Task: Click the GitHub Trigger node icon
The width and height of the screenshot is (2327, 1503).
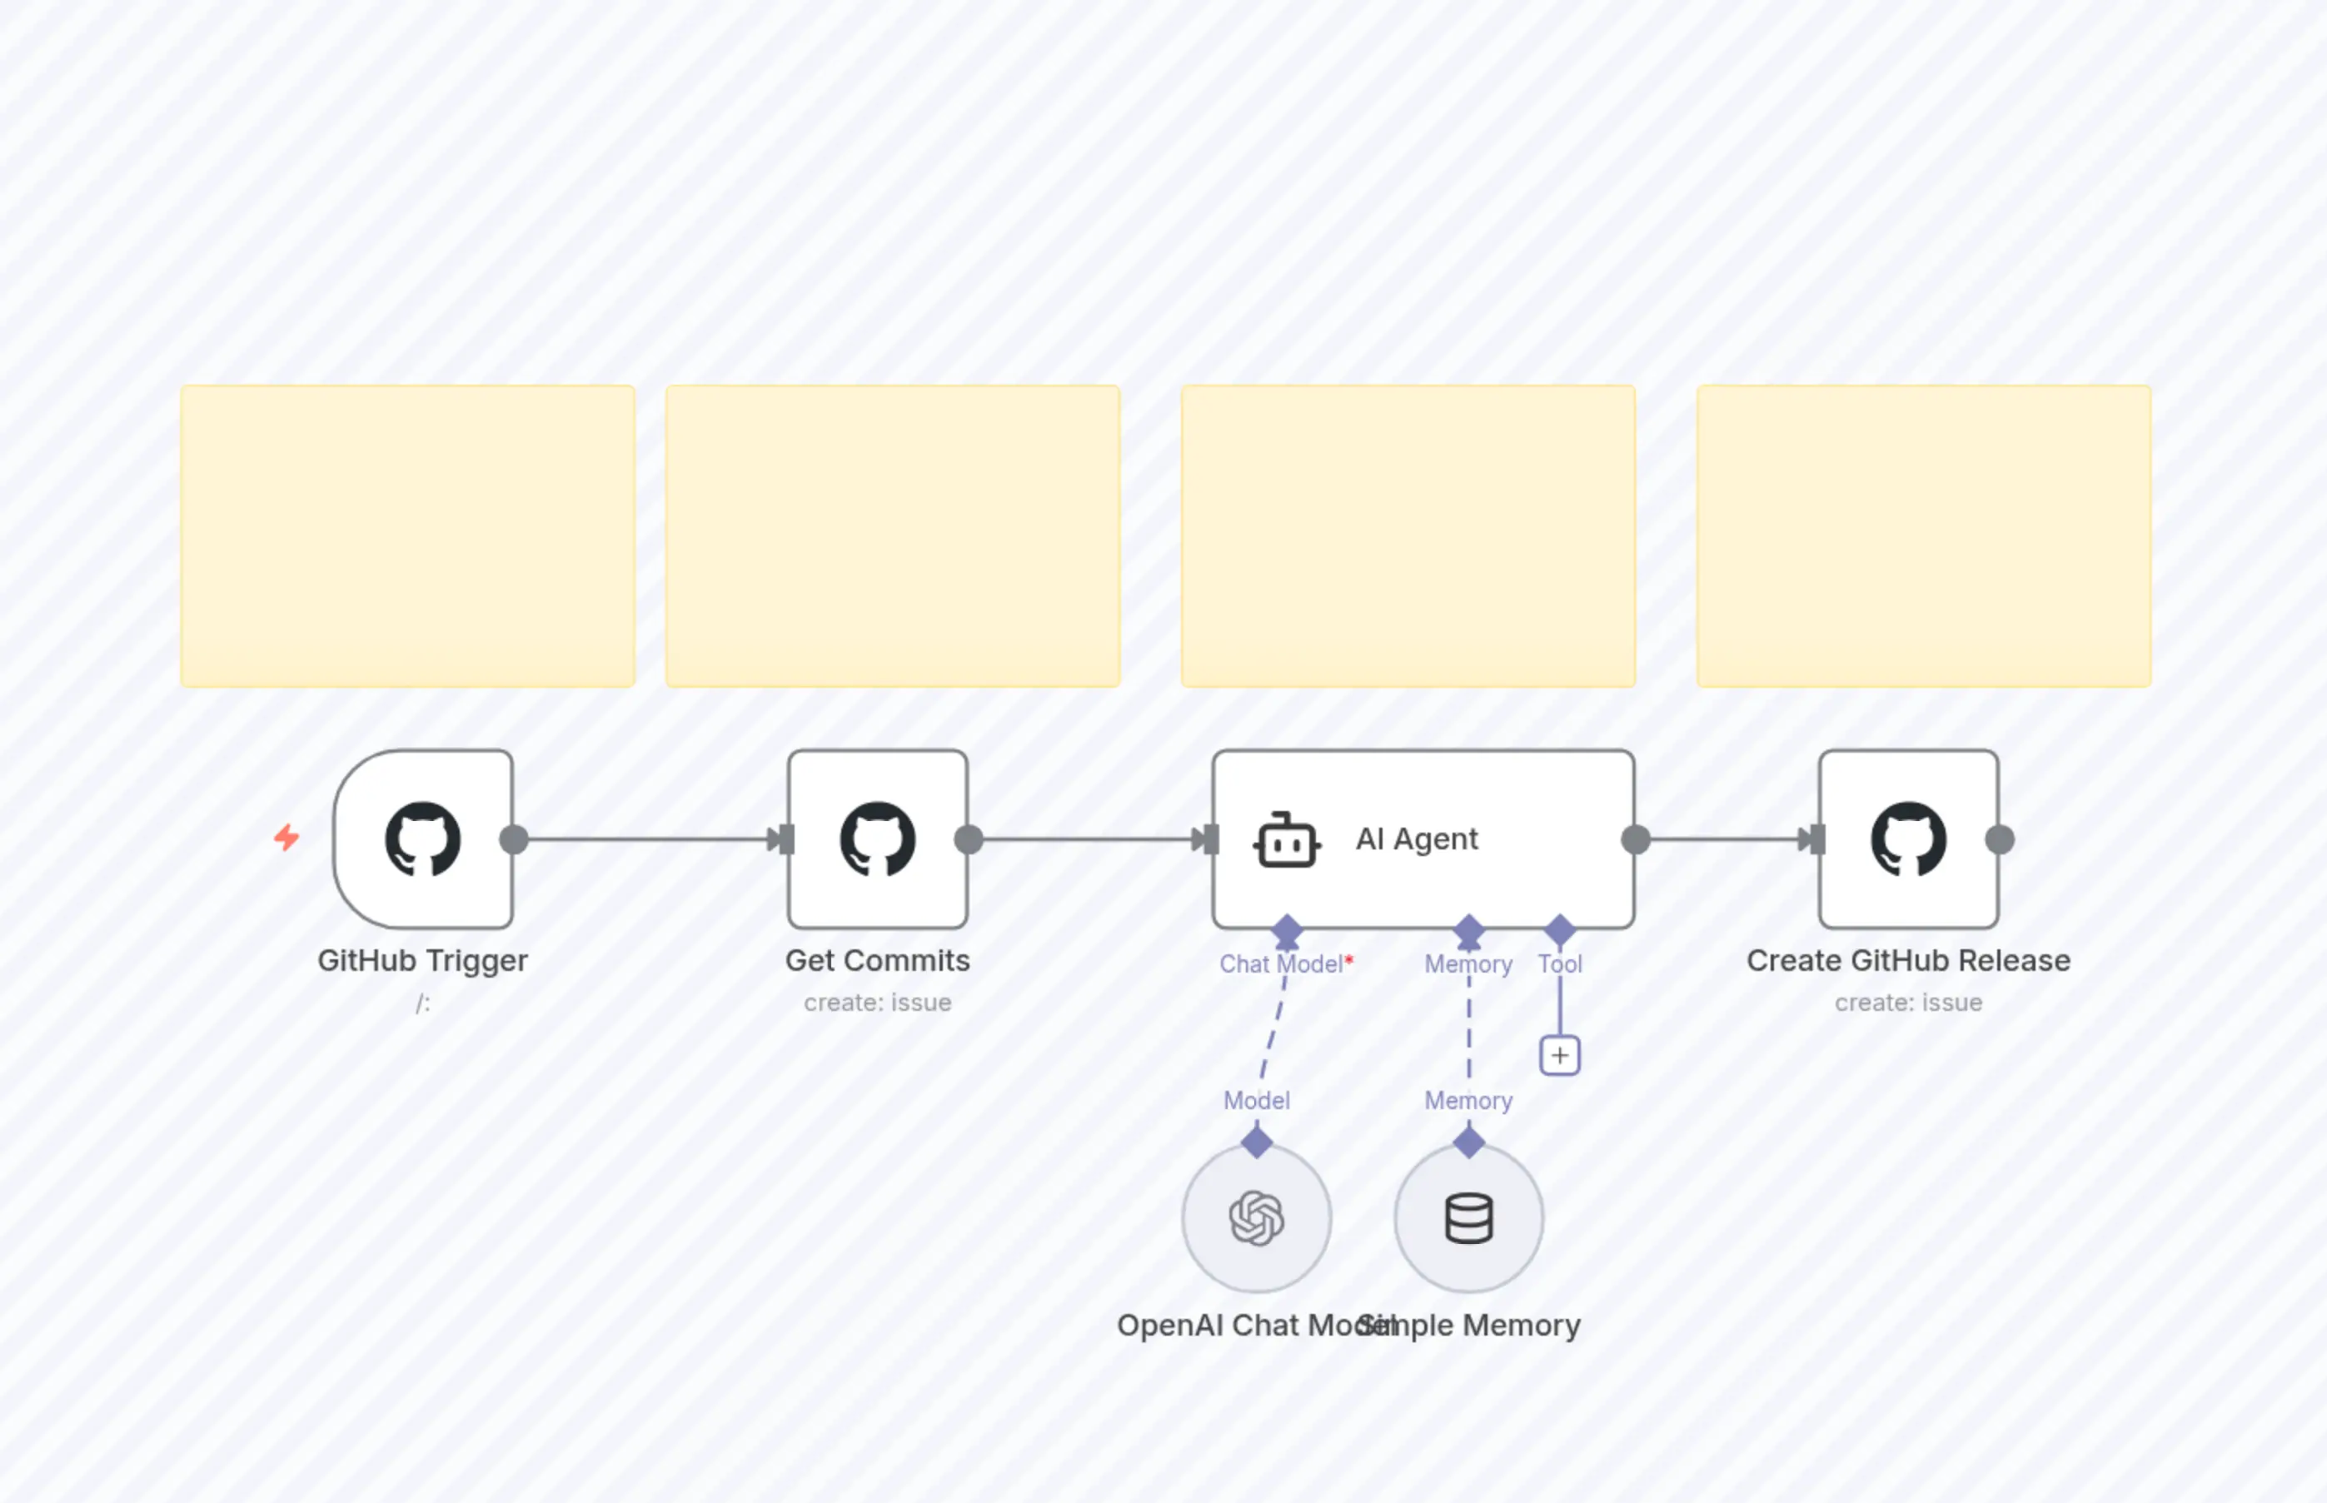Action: pyautogui.click(x=422, y=839)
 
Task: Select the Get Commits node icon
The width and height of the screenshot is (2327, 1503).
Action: pyautogui.click(x=878, y=839)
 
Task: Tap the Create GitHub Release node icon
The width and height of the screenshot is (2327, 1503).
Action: pyautogui.click(x=1908, y=839)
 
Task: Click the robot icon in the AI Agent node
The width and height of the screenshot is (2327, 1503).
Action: pyautogui.click(x=1287, y=840)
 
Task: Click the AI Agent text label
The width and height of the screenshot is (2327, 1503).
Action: pyautogui.click(x=1417, y=839)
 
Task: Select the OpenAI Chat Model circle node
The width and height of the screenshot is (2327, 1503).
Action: pyautogui.click(x=1256, y=1218)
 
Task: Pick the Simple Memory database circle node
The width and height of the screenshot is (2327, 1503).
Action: pyautogui.click(x=1468, y=1218)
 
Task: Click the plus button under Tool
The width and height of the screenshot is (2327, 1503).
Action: pyautogui.click(x=1560, y=1055)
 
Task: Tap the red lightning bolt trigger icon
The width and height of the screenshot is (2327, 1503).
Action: pyautogui.click(x=286, y=838)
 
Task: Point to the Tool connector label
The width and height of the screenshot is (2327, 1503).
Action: pyautogui.click(x=1560, y=964)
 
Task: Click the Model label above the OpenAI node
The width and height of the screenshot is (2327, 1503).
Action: pyautogui.click(x=1256, y=1101)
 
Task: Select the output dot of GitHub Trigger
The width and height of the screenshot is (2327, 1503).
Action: pyautogui.click(x=513, y=839)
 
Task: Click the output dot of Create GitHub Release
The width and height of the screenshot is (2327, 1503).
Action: pyautogui.click(x=1999, y=839)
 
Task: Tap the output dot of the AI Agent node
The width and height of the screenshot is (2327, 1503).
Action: pyautogui.click(x=1636, y=839)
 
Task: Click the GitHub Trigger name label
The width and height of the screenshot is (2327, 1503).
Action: pyautogui.click(x=422, y=960)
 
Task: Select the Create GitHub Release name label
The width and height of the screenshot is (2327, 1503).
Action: pyautogui.click(x=1908, y=960)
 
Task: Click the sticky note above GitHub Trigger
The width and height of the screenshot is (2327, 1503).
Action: pyautogui.click(x=407, y=535)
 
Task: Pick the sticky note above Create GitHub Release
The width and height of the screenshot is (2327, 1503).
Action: pyautogui.click(x=1923, y=535)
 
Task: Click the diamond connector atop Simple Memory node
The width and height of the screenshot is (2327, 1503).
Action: pyautogui.click(x=1468, y=1141)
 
